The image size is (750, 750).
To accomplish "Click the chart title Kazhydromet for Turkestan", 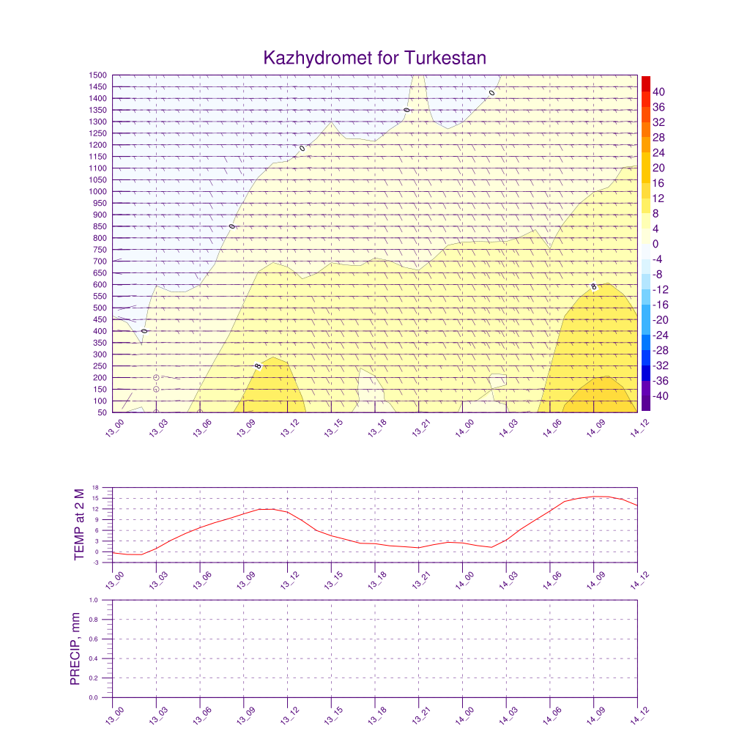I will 374,58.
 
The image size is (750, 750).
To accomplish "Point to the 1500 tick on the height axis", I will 99,75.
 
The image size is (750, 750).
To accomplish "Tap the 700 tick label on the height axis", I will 101,261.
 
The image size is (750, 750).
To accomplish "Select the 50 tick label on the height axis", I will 103,412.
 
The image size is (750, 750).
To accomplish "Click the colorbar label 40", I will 658,92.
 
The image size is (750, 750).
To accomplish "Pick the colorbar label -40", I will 657,396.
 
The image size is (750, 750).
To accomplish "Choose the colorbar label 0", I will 656,244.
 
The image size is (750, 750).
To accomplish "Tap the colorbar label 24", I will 658,152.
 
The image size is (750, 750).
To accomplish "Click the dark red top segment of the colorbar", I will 645,83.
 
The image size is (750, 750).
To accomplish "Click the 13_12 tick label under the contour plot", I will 289,429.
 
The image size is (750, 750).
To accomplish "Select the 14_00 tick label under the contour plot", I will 464,429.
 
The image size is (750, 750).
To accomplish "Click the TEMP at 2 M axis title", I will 80,524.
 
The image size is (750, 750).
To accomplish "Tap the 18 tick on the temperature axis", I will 106,488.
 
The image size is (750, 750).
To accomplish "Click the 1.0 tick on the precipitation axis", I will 103,600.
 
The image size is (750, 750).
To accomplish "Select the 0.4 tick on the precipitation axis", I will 103,658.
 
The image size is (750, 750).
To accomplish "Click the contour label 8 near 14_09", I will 594,286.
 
